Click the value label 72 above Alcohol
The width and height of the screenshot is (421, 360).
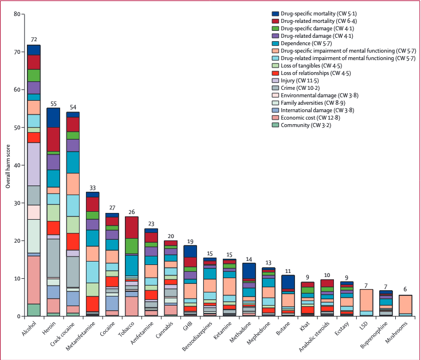(34, 39)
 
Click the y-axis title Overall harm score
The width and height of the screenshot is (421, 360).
(7, 165)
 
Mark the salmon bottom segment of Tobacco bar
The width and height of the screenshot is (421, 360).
(132, 306)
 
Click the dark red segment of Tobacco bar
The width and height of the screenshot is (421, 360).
(132, 227)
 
